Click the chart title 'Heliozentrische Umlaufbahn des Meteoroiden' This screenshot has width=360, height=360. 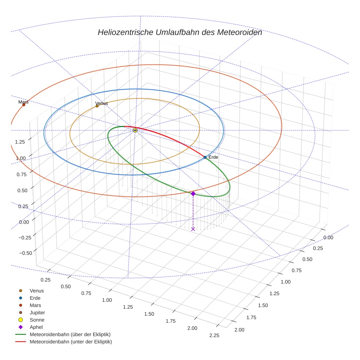tap(180, 32)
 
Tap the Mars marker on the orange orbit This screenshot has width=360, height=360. tap(24, 105)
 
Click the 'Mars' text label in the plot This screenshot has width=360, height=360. tap(23, 102)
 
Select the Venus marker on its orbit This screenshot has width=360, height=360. tap(97, 106)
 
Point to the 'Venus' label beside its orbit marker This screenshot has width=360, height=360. tap(101, 103)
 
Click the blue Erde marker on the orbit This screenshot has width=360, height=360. tap(205, 157)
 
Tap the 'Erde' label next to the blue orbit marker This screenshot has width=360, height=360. tap(213, 157)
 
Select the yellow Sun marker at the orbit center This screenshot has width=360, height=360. tap(135, 130)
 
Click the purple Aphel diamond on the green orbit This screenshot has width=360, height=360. tap(193, 194)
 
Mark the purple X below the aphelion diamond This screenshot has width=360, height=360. tap(193, 229)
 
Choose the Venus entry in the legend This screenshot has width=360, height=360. tap(37, 290)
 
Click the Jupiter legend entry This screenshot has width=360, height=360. tap(37, 312)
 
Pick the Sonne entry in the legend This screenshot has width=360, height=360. tap(37, 320)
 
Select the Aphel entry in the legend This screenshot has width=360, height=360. tap(36, 327)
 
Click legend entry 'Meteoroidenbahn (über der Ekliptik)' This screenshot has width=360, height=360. tap(70, 334)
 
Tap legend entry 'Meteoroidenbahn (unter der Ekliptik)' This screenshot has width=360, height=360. tap(71, 342)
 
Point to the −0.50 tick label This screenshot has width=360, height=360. tap(25, 253)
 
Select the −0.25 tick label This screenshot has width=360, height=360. tap(25, 237)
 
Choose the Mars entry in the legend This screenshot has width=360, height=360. tap(35, 305)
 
